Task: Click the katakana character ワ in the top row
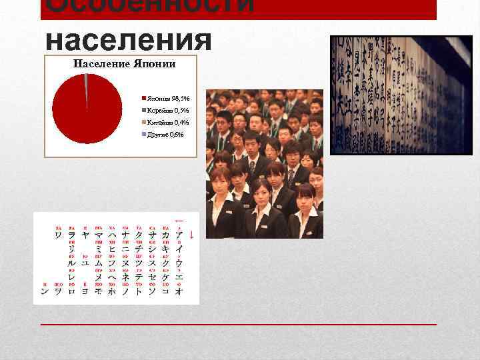[x=59, y=235]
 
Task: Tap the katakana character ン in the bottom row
[x=45, y=291]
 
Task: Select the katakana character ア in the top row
[x=179, y=235]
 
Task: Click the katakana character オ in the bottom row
[x=179, y=291]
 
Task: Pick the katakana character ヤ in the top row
[x=85, y=235]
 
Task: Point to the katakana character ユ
[x=85, y=263]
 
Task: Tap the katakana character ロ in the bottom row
[x=72, y=291]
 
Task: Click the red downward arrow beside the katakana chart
[x=192, y=235]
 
